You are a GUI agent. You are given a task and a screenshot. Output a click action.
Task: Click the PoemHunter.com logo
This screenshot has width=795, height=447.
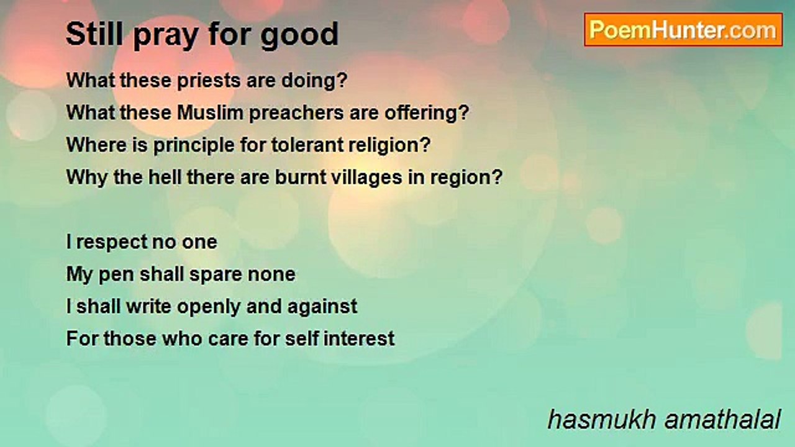(x=683, y=30)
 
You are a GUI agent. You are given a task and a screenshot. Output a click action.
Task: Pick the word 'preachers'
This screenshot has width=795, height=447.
(x=296, y=114)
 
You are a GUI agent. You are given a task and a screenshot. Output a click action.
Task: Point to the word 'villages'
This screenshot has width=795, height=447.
(x=366, y=178)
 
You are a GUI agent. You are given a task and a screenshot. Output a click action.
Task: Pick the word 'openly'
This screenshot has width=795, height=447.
(x=209, y=307)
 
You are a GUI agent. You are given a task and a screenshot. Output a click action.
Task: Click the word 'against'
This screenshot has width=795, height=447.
(x=322, y=307)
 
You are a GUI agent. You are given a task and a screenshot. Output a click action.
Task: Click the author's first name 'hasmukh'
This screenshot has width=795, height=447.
(x=602, y=420)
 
